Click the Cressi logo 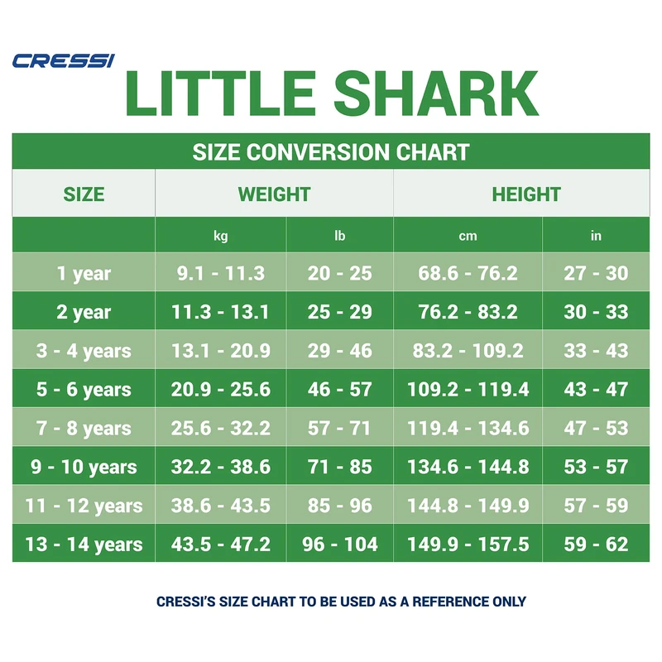pyautogui.click(x=63, y=60)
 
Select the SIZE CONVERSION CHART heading pyautogui.click(x=331, y=152)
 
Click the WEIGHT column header pyautogui.click(x=274, y=194)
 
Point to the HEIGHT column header pyautogui.click(x=526, y=194)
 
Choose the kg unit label pyautogui.click(x=221, y=236)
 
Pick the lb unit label pyautogui.click(x=340, y=236)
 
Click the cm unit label pyautogui.click(x=468, y=236)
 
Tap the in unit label pyautogui.click(x=596, y=236)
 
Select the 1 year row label pyautogui.click(x=84, y=274)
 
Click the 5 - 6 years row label pyautogui.click(x=84, y=390)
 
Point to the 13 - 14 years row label pyautogui.click(x=84, y=544)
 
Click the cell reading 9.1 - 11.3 pyautogui.click(x=221, y=274)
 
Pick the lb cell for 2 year pyautogui.click(x=340, y=312)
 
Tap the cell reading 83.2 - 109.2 pyautogui.click(x=468, y=351)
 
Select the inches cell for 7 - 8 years pyautogui.click(x=596, y=429)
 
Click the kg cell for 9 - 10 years pyautogui.click(x=221, y=467)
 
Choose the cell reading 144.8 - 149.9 pyautogui.click(x=468, y=506)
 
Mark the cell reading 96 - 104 pyautogui.click(x=340, y=544)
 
